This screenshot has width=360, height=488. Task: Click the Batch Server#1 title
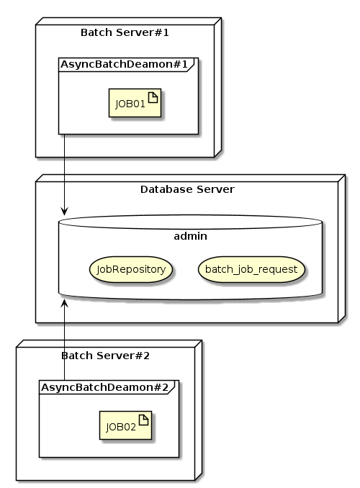click(125, 32)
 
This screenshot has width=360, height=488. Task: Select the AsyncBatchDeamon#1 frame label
click(125, 65)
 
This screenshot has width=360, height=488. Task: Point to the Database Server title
click(187, 189)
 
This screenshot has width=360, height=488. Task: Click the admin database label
click(191, 236)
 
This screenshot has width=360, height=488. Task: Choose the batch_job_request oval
click(251, 269)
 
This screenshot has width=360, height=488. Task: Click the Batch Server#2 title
click(106, 356)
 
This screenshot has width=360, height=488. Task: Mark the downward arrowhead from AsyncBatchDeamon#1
click(64, 211)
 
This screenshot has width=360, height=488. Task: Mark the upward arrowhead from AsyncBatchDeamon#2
click(64, 304)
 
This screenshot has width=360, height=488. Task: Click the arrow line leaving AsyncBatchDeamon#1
click(64, 173)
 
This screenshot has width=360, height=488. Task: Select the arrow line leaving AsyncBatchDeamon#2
click(64, 345)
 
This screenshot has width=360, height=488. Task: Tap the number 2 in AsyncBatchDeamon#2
click(166, 388)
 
